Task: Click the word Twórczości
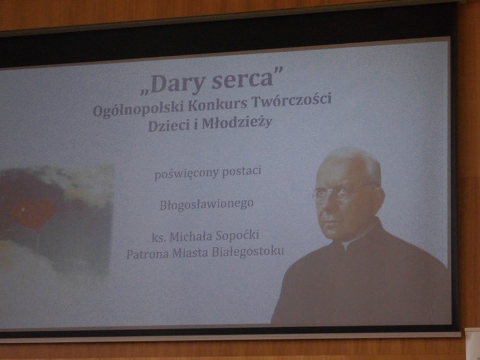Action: point(292,100)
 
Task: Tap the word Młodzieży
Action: point(236,123)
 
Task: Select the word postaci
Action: point(242,171)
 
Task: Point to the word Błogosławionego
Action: point(206,205)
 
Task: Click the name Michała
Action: point(191,236)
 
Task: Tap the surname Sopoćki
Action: point(237,235)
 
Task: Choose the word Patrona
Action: point(147,254)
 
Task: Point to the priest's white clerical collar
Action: point(347,245)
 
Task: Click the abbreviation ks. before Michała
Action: point(158,238)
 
